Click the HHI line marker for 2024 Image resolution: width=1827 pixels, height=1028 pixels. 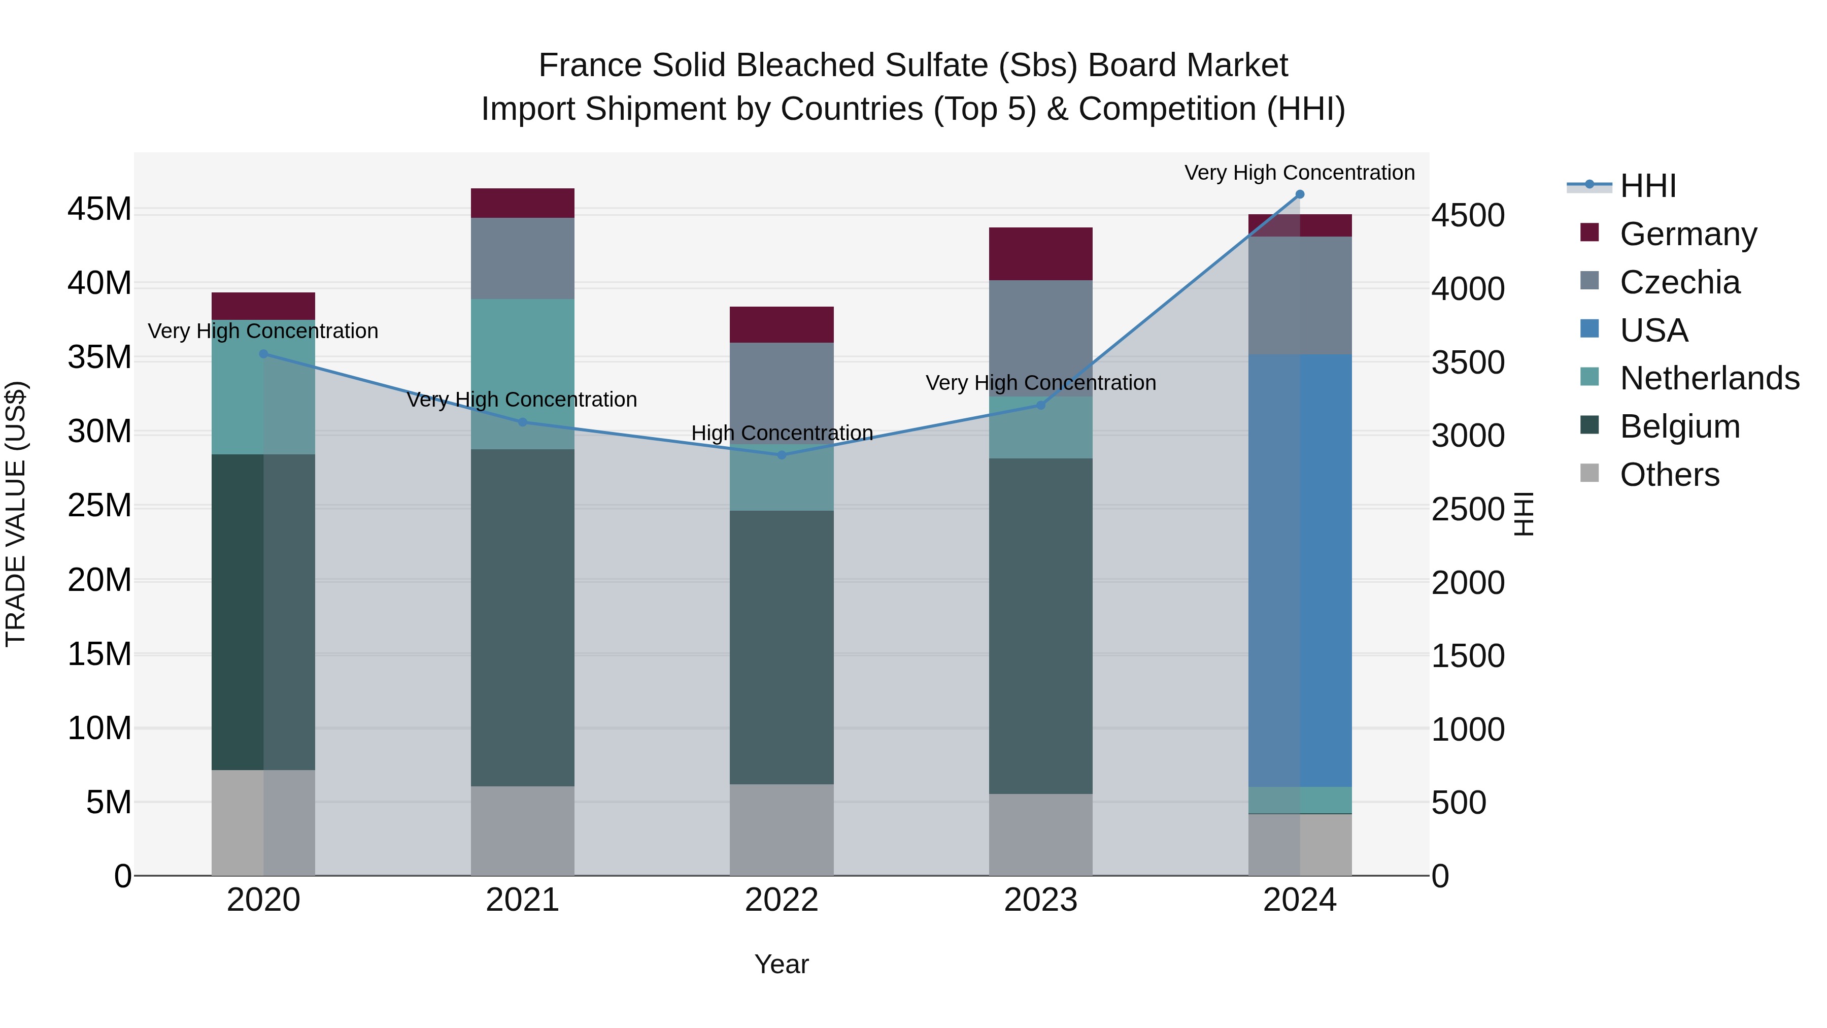[1299, 194]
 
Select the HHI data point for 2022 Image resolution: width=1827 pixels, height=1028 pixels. [782, 455]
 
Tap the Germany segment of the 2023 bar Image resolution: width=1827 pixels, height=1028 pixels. [1040, 254]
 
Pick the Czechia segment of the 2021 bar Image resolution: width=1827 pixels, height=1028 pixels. [523, 258]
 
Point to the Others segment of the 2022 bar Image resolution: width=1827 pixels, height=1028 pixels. [782, 830]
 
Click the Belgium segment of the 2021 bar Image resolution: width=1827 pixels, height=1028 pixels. [523, 617]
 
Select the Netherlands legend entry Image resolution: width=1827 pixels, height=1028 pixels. [1709, 378]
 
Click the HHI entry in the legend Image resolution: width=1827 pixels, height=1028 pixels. [1647, 186]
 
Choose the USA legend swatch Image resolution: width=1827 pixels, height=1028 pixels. [1589, 329]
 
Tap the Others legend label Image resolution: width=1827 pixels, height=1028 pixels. [1670, 475]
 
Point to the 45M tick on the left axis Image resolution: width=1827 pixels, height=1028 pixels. [99, 209]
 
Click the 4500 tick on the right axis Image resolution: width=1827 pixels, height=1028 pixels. [1467, 216]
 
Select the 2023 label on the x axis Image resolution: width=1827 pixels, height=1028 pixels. [1040, 900]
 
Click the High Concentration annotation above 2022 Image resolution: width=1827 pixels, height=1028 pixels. [782, 433]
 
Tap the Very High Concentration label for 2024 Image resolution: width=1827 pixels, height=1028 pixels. [1299, 173]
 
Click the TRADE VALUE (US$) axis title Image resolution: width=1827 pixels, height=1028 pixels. [16, 514]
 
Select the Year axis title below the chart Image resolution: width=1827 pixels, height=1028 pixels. [782, 964]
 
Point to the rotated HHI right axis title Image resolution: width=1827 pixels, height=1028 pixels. [1524, 514]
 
